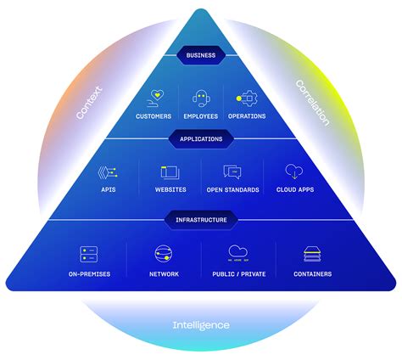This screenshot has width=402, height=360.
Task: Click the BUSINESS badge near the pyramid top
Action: click(x=201, y=55)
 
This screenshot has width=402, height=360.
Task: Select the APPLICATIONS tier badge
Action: click(x=201, y=138)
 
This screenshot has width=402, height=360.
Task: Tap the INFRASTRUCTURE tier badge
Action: click(x=201, y=220)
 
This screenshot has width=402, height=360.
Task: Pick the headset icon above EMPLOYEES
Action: click(x=200, y=98)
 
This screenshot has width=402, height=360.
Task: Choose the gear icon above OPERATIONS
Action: click(x=246, y=98)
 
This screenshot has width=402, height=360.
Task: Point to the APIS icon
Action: click(x=108, y=172)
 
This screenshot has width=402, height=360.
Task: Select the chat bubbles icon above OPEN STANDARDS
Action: click(x=232, y=172)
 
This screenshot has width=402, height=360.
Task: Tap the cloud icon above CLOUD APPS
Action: click(x=293, y=172)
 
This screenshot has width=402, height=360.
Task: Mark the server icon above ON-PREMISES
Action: click(x=90, y=254)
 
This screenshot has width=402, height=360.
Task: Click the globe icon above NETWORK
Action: click(x=163, y=254)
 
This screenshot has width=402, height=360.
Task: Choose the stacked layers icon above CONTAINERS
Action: click(x=312, y=254)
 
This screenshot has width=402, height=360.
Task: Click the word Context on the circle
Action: click(x=89, y=101)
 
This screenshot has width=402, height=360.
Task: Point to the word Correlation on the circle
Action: click(x=312, y=102)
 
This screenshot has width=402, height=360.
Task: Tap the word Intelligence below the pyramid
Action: click(x=200, y=325)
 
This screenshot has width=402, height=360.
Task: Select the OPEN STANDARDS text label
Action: click(x=232, y=190)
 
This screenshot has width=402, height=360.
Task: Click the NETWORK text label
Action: click(x=163, y=274)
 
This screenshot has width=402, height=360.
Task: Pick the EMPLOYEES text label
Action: click(x=200, y=116)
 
